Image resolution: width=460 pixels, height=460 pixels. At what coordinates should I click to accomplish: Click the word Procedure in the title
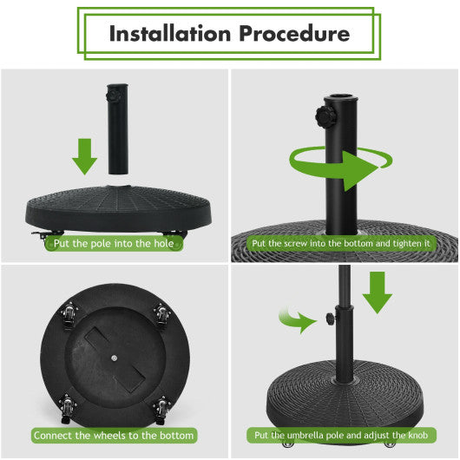297,34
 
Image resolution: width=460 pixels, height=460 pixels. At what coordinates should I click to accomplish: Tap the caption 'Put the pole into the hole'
115,243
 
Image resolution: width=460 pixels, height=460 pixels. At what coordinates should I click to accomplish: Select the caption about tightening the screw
341,244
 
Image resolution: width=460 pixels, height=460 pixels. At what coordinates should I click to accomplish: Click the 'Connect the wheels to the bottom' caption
114,434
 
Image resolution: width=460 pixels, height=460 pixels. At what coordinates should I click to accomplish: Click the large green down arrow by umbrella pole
378,292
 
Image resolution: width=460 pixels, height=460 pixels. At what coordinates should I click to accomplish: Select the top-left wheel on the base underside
69,313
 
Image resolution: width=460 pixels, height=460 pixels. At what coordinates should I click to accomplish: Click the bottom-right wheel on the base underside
161,404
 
